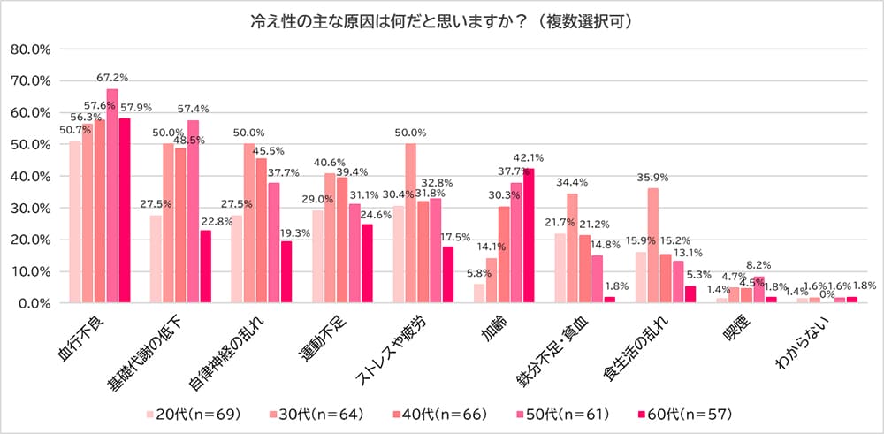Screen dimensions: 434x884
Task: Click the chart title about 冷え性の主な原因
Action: point(441,20)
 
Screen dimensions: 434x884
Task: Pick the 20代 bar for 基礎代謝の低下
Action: point(156,259)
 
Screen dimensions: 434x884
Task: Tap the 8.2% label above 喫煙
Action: point(758,264)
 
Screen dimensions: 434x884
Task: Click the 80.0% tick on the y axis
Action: point(32,49)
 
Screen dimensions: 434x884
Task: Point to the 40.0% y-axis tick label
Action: point(32,177)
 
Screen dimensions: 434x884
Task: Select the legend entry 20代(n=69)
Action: point(194,413)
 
